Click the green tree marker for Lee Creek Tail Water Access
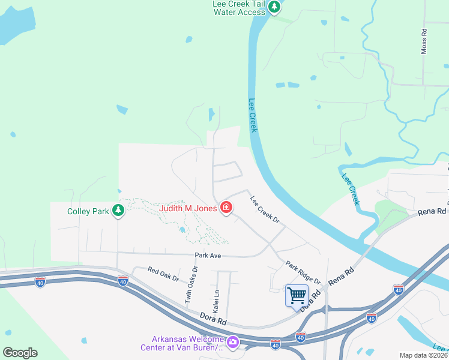coord(274,8)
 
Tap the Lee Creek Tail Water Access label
coord(238,8)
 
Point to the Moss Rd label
coord(424,41)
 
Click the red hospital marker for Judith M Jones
coord(226,208)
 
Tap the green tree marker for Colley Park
coord(119,210)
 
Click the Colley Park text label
coord(88,211)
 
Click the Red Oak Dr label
coord(163,275)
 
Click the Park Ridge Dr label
coord(303,273)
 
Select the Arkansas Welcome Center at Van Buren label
coord(181,343)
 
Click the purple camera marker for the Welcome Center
coord(232,343)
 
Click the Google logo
coord(20,352)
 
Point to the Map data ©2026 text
coord(423,355)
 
